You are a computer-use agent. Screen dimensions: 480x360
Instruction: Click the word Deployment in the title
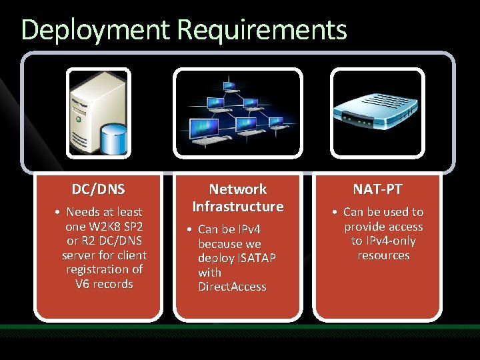[x=96, y=30]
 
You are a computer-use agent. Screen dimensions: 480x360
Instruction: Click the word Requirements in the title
[x=262, y=30]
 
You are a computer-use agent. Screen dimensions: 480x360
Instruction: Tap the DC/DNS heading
[x=98, y=189]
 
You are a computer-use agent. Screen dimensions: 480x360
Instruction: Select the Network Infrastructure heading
[x=238, y=198]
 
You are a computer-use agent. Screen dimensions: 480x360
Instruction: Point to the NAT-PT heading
[x=377, y=189]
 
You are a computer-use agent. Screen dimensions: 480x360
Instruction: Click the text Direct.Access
[x=232, y=287]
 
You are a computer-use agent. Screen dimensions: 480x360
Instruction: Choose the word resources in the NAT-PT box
[x=383, y=255]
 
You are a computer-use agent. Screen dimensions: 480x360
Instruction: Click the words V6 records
[x=105, y=284]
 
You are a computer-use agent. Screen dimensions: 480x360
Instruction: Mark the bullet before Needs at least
[x=59, y=213]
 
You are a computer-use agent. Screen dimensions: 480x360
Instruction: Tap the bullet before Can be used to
[x=336, y=213]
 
